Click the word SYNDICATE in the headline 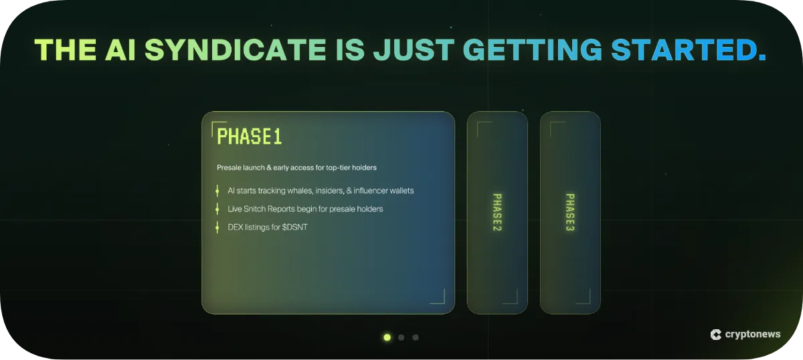click(x=235, y=50)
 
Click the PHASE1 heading click(x=249, y=137)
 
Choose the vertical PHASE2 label click(x=497, y=212)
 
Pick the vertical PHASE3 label click(x=570, y=212)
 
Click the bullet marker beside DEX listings click(x=217, y=228)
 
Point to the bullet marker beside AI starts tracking click(x=217, y=191)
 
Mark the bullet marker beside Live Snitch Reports click(x=217, y=209)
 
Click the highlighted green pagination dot click(x=387, y=337)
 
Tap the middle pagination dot click(x=401, y=337)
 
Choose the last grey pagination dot click(x=416, y=337)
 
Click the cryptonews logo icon click(x=715, y=335)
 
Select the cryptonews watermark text click(x=752, y=335)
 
